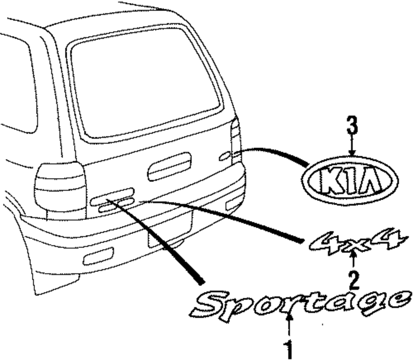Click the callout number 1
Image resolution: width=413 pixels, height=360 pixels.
[289, 349]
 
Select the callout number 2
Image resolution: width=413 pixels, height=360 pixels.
[354, 279]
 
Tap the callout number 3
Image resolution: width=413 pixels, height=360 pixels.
[351, 126]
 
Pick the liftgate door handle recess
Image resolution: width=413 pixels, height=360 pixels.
[169, 166]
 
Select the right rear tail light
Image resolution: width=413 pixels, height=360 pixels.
[236, 140]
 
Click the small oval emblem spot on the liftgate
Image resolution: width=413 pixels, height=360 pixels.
[225, 156]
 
